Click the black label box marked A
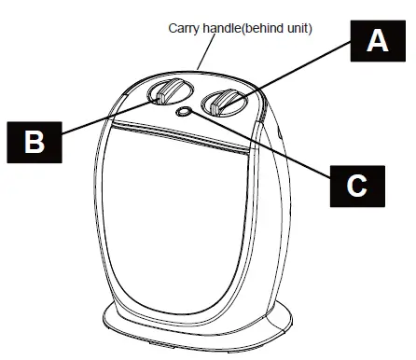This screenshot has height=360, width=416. [x=376, y=40]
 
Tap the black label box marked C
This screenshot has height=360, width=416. [x=356, y=186]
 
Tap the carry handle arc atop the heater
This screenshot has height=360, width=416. [x=201, y=70]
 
